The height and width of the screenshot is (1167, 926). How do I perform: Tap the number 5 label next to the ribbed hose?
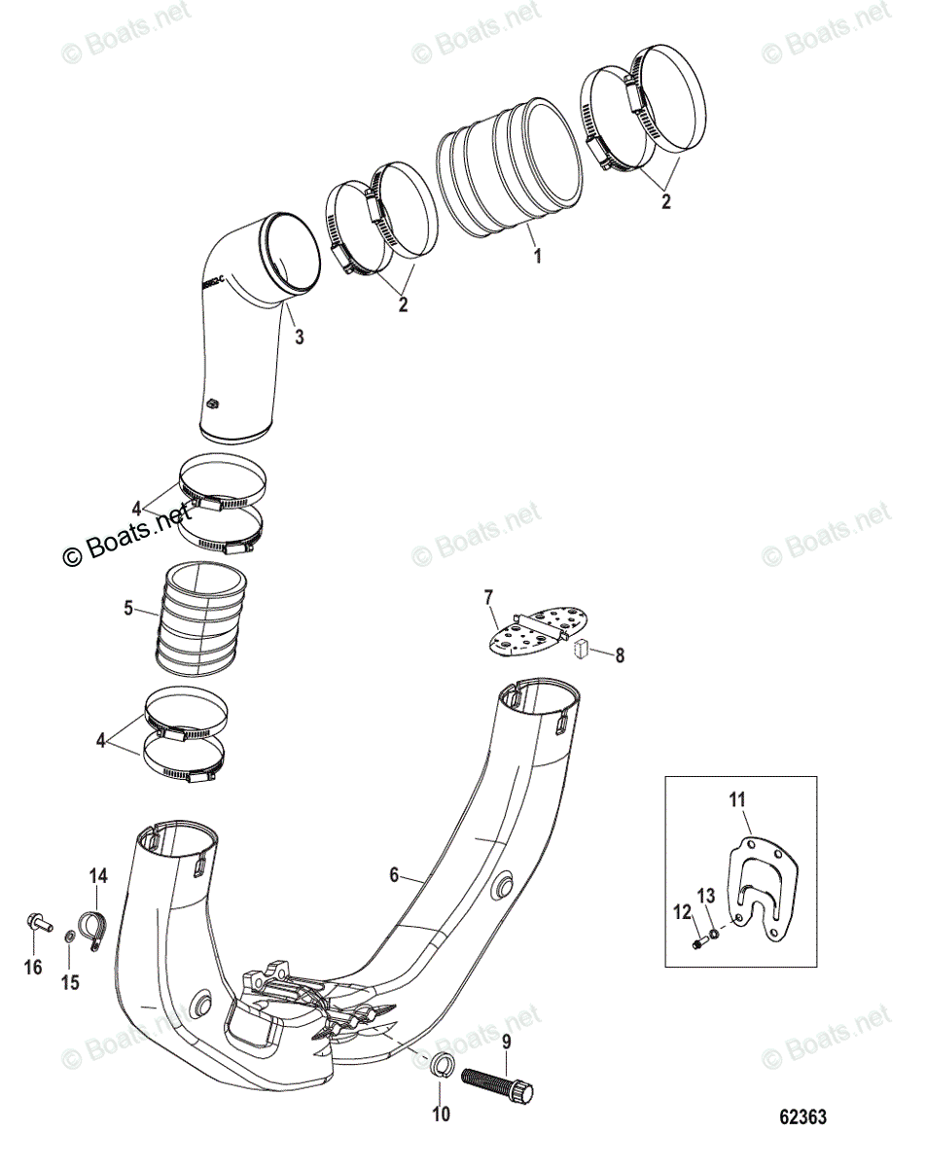point(128,609)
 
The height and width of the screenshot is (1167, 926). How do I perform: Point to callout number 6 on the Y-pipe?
point(394,875)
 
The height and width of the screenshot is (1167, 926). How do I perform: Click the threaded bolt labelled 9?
point(495,1077)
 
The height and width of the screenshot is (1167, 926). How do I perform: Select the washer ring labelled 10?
point(438,1061)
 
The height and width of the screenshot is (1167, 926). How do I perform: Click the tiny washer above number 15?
point(69,935)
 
